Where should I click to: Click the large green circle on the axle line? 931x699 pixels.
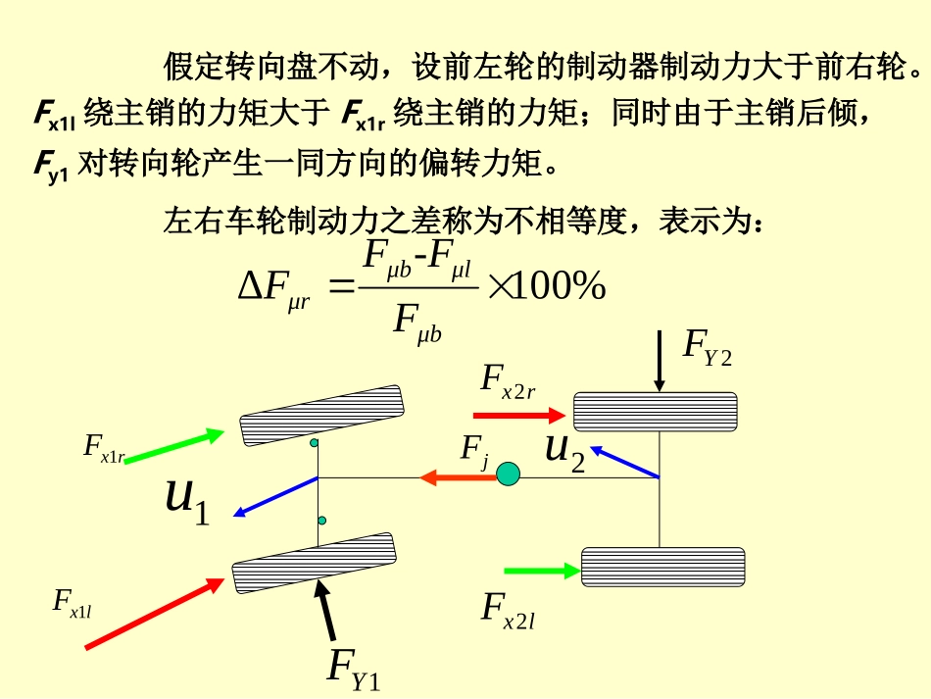tap(508, 474)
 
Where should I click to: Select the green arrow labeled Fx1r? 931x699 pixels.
tap(174, 445)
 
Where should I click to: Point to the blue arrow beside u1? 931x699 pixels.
tap(276, 496)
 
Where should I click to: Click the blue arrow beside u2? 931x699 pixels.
tap(624, 462)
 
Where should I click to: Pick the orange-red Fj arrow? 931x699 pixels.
tap(458, 476)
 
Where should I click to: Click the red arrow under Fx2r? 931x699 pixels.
tap(519, 415)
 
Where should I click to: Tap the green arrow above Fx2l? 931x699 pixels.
tap(542, 571)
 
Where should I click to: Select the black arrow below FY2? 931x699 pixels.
tap(660, 362)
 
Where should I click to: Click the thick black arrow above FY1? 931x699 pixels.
tap(326, 610)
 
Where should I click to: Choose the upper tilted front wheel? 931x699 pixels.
tap(321, 416)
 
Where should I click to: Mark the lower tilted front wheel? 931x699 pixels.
tap(315, 563)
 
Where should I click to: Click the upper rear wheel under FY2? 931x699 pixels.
tap(656, 412)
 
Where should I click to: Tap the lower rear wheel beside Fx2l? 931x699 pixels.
tap(662, 568)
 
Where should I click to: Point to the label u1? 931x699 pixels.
tap(187, 501)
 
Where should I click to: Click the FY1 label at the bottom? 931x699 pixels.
tap(354, 671)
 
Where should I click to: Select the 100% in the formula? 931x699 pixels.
tap(558, 285)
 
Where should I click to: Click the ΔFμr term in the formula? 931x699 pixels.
tap(273, 291)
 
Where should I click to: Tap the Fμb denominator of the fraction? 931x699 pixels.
tap(417, 325)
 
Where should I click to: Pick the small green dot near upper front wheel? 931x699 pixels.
tap(314, 442)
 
